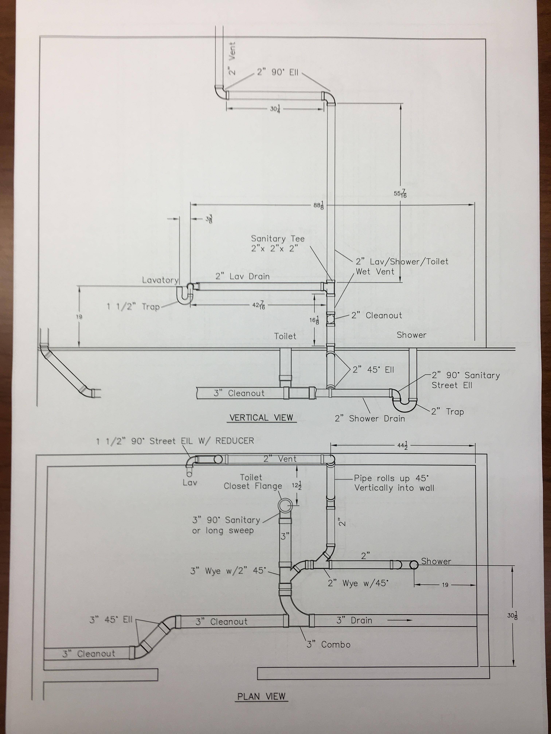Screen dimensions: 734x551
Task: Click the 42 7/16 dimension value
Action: (x=258, y=305)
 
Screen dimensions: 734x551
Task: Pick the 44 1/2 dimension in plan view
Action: (x=402, y=446)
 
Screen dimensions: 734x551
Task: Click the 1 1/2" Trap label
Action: (x=133, y=306)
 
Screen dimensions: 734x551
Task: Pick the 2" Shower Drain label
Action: (x=370, y=419)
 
